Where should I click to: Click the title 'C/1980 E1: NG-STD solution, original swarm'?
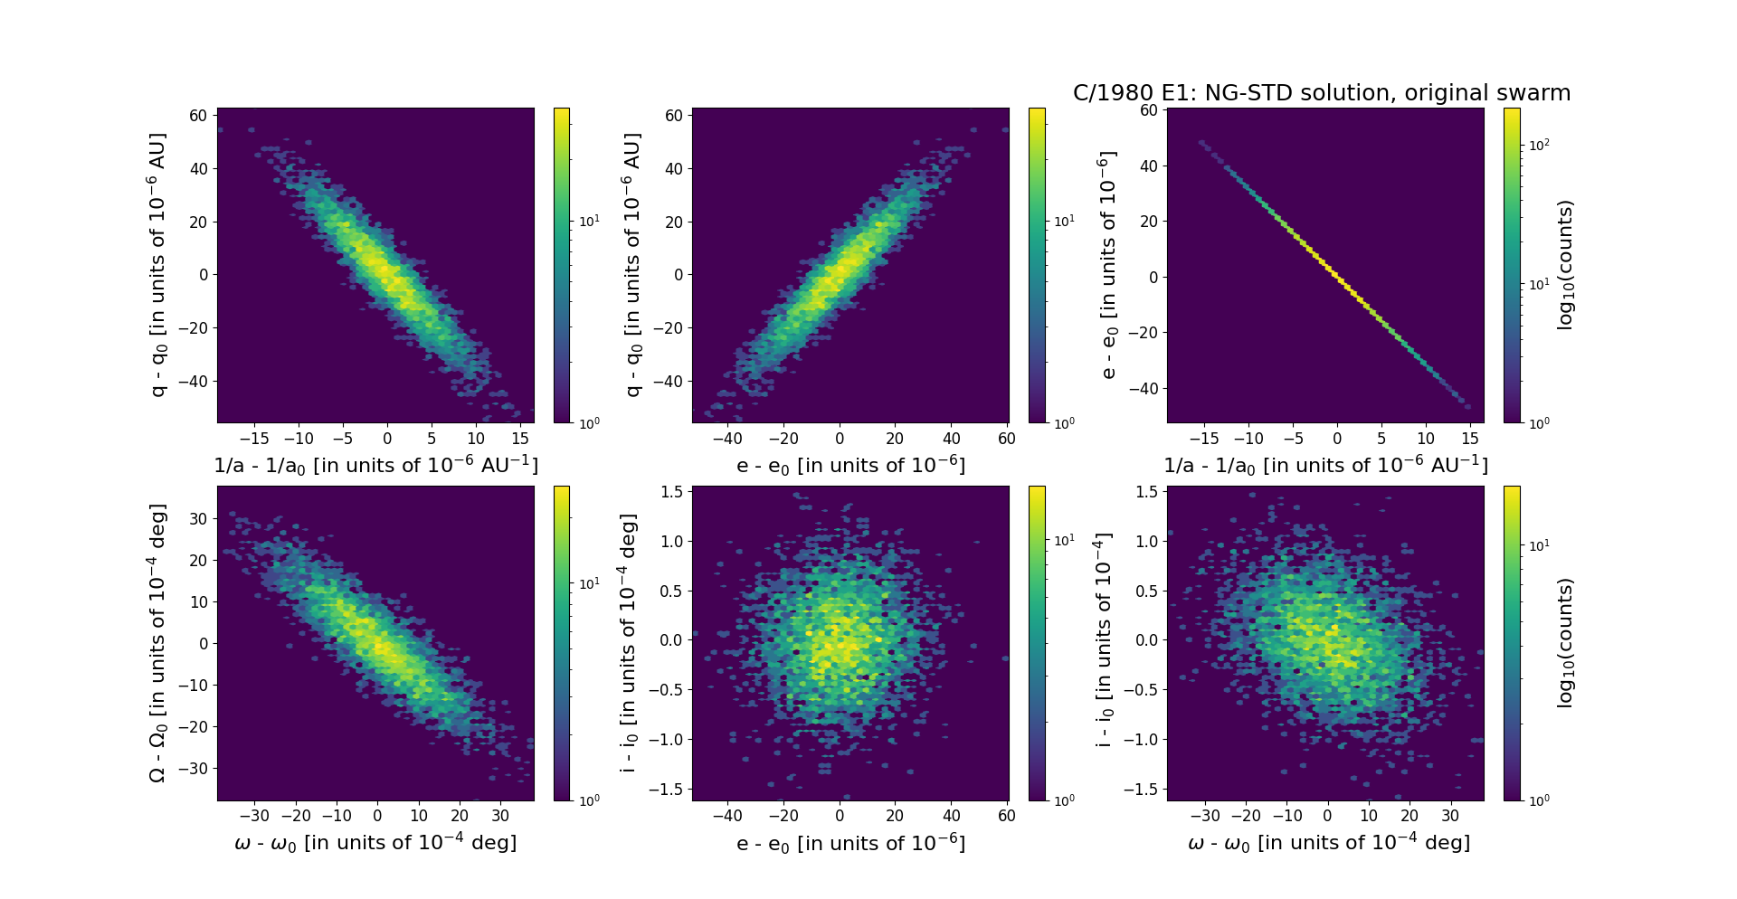point(1321,93)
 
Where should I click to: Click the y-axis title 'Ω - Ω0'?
point(158,643)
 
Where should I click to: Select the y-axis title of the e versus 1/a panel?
point(1107,265)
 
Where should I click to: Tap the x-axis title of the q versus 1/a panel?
point(375,465)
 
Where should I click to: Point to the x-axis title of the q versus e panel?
point(850,465)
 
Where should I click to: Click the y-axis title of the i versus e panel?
point(629,643)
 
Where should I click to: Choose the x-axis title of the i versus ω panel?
point(1328,843)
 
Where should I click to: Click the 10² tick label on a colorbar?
point(1538,145)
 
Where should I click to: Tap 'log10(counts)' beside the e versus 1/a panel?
point(1565,265)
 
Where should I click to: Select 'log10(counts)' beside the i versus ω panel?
point(1565,643)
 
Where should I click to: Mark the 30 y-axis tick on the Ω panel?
point(198,519)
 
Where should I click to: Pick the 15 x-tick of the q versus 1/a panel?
point(519,439)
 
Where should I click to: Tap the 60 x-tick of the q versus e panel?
point(1006,439)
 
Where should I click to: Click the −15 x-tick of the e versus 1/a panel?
point(1204,439)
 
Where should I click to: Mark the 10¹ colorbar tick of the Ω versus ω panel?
point(588,584)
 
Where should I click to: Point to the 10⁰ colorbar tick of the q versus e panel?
point(1063,423)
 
